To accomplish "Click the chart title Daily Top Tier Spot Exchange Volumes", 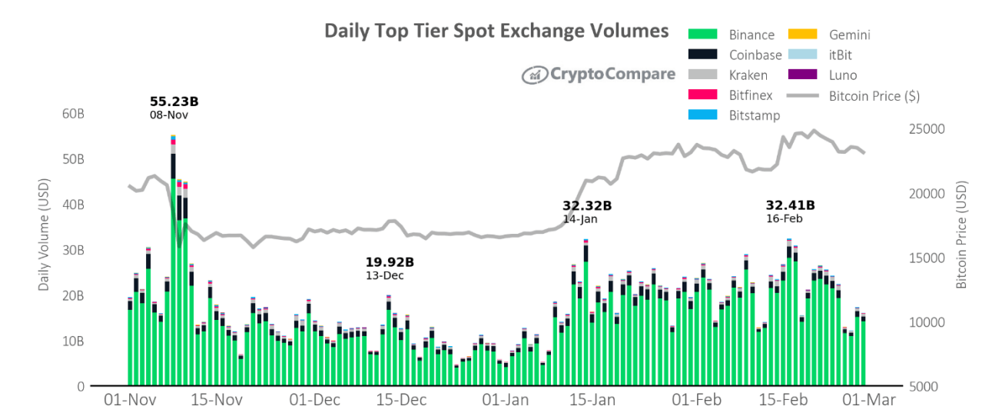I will [x=496, y=31].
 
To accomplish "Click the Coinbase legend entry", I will [x=755, y=55].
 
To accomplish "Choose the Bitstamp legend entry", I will [x=754, y=115].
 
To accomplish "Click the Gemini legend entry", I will [x=849, y=35].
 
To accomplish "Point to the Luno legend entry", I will [x=842, y=75].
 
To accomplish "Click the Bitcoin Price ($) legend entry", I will [x=874, y=96].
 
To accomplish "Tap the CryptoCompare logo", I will [x=599, y=75].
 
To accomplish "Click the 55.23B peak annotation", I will [x=174, y=102].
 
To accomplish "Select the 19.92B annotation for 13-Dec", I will [x=390, y=262].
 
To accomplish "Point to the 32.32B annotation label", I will [x=587, y=206].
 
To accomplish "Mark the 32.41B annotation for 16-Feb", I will [x=790, y=205].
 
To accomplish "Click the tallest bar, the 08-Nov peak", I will [x=173, y=261].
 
